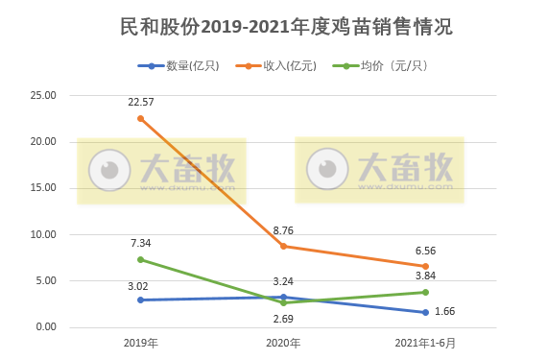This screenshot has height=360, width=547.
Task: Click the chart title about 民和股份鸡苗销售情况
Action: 273,27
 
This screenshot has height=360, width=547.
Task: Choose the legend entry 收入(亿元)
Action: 283,65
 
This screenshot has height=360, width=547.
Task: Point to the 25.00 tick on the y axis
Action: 44,96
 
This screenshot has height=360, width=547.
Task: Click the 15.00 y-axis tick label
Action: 44,188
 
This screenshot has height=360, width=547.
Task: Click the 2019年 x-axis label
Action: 140,343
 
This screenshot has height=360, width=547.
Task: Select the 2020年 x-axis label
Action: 283,343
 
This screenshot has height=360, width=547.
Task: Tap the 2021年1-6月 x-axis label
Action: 424,343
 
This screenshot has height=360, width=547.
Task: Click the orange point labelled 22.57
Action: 140,118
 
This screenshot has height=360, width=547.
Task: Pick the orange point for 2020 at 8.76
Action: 283,246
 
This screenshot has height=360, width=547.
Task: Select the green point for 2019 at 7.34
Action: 140,259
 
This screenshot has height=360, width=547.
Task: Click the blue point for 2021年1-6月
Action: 425,312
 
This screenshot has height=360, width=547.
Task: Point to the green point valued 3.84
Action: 425,292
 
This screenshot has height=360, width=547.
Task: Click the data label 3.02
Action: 140,285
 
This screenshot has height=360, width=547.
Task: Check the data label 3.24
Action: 283,281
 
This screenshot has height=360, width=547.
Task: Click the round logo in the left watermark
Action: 110,170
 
